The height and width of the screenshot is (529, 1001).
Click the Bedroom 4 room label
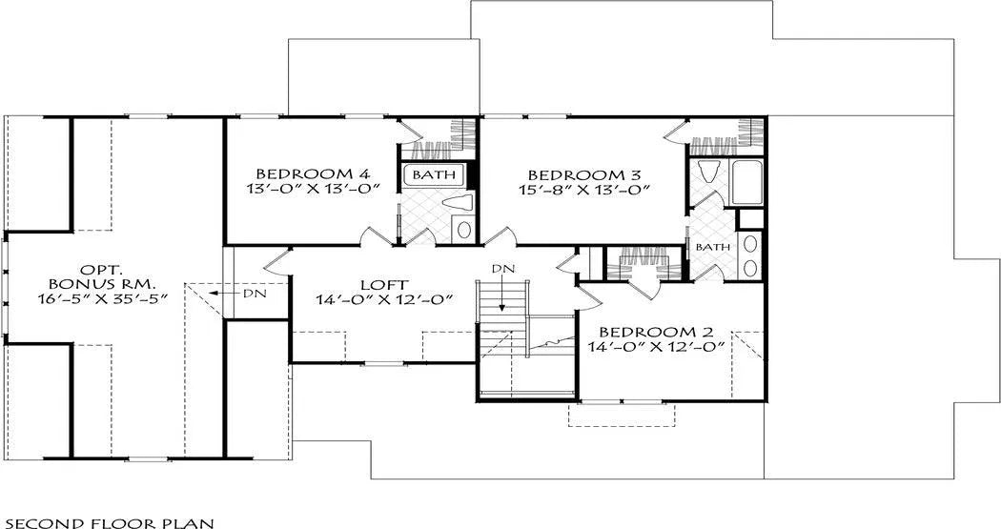click(x=313, y=173)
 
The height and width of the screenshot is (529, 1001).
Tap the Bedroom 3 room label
click(x=584, y=174)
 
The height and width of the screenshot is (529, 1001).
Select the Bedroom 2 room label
click(x=656, y=333)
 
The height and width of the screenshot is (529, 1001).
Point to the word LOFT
click(x=383, y=285)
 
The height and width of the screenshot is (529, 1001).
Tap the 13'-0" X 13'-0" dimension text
click(x=313, y=188)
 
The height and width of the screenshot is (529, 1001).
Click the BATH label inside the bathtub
click(x=434, y=174)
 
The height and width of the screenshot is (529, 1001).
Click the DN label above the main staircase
click(x=502, y=269)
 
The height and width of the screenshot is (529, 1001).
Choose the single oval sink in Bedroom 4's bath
click(x=464, y=230)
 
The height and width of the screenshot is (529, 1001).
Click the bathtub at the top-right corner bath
click(x=746, y=182)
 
